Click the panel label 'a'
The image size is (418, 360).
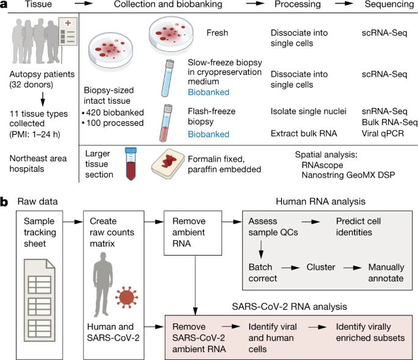(5, 5)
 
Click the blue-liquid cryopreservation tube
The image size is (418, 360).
(164, 77)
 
